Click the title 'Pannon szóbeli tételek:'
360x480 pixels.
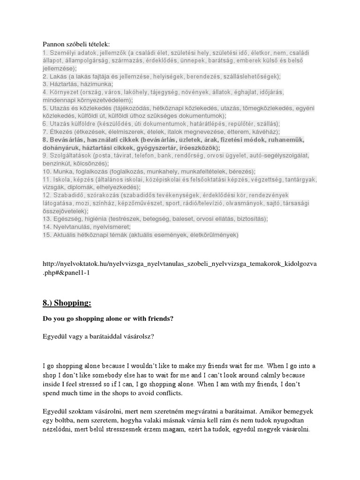(x=75, y=44)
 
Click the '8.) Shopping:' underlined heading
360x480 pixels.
(x=67, y=303)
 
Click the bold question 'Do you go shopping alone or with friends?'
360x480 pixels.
(x=108, y=319)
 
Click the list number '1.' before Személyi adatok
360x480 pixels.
(x=45, y=53)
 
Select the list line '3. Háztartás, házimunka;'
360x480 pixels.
(x=78, y=84)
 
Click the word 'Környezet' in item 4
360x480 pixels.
(x=63, y=92)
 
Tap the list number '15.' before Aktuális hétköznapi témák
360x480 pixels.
(x=47, y=234)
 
